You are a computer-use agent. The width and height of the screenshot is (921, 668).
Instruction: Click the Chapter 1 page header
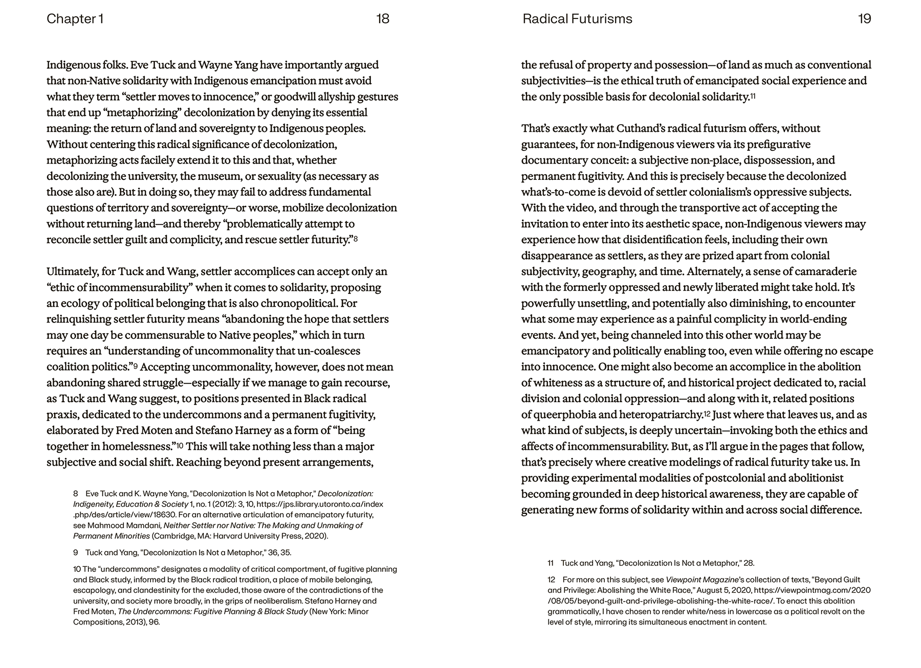[x=75, y=19]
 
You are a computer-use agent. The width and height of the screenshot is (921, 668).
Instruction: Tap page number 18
[x=382, y=19]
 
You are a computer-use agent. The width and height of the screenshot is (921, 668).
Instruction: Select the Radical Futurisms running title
[x=577, y=19]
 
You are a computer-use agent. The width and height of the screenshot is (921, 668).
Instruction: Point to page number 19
[x=864, y=19]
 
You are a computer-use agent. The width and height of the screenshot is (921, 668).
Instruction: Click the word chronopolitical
[x=299, y=303]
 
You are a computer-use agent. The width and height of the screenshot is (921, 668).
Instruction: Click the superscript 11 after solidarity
[x=753, y=96]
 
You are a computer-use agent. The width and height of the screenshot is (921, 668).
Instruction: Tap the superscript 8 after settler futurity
[x=355, y=238]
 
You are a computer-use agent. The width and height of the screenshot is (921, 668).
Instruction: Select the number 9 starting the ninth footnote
[x=76, y=552]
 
